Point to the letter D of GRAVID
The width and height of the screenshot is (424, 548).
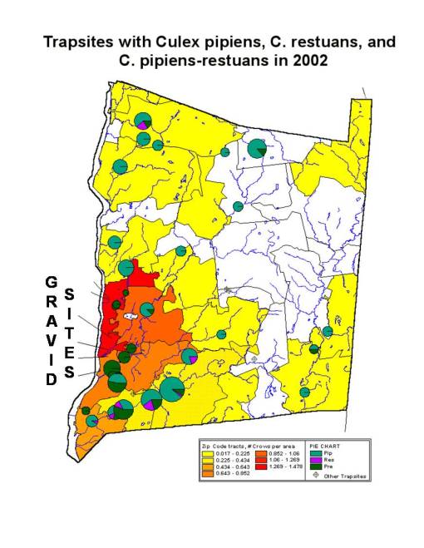pyautogui.click(x=51, y=379)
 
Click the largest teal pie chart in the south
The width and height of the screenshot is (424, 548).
pyautogui.click(x=173, y=388)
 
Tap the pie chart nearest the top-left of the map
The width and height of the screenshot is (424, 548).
pyautogui.click(x=143, y=121)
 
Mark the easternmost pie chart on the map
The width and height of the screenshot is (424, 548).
pyautogui.click(x=328, y=331)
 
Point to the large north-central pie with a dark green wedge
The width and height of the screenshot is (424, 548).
pyautogui.click(x=257, y=149)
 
